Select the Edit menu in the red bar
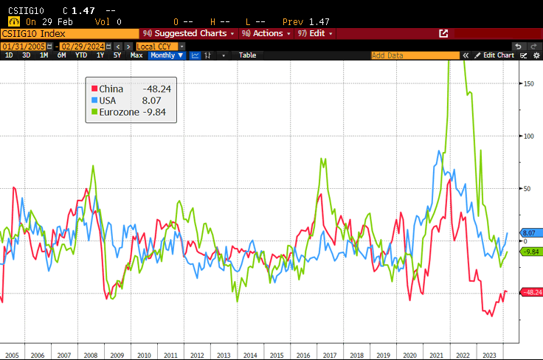[315, 33]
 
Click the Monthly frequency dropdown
[165, 55]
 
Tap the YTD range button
[81, 55]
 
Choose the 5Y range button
[117, 55]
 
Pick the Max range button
[136, 55]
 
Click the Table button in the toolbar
[247, 55]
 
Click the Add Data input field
[413, 55]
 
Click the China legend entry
[111, 89]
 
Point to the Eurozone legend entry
[119, 112]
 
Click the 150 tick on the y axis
[529, 83]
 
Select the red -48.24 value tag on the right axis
[531, 293]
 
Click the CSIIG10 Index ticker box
[69, 33]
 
